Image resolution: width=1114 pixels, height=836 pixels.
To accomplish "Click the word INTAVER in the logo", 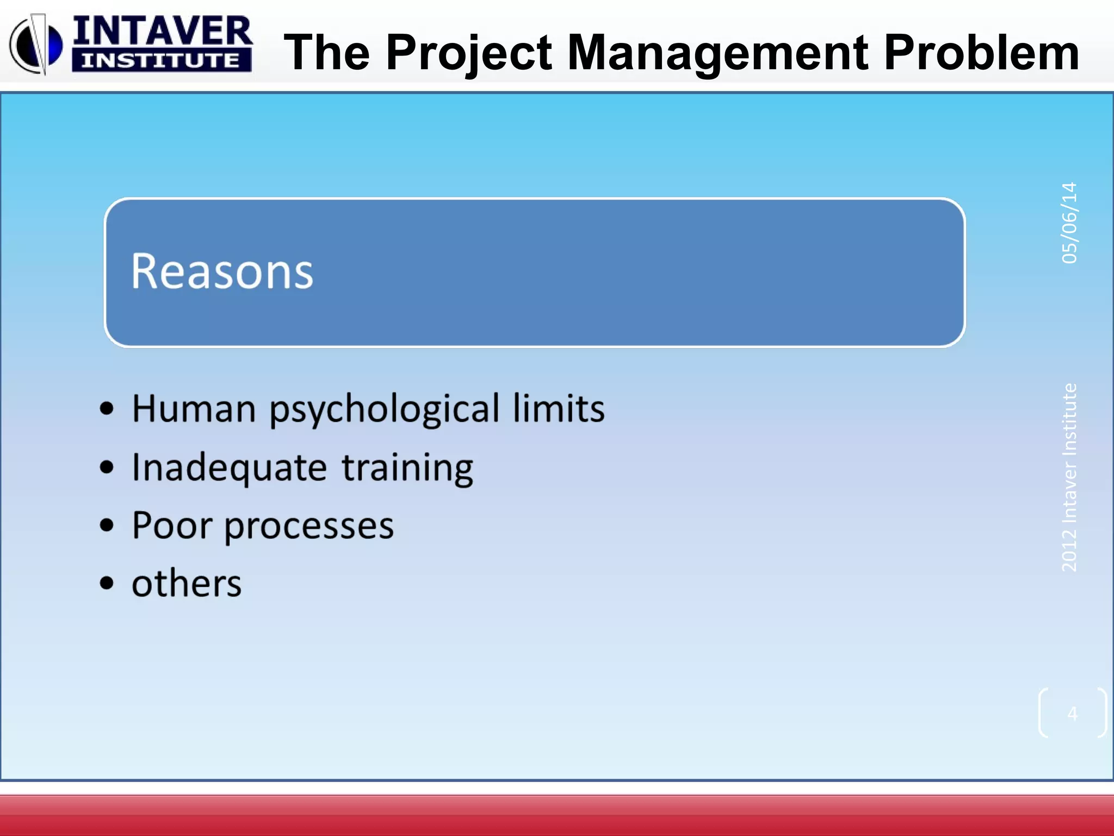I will [x=162, y=32].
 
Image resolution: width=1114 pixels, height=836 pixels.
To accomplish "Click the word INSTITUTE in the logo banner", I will [x=161, y=60].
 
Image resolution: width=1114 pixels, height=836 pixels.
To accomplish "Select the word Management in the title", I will [x=718, y=53].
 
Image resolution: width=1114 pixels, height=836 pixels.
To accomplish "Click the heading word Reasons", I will [x=222, y=272].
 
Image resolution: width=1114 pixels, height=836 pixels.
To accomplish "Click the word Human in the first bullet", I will [x=194, y=409].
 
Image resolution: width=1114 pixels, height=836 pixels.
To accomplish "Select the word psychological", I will [x=384, y=410].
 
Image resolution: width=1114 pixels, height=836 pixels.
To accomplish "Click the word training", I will [x=407, y=468].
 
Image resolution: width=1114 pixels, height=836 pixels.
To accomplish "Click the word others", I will [x=187, y=584].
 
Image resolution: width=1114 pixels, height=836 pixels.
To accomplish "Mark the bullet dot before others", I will [x=107, y=583].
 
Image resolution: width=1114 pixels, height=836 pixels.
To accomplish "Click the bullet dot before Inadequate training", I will [x=107, y=467].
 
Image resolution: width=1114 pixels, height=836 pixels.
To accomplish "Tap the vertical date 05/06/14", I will [x=1069, y=223].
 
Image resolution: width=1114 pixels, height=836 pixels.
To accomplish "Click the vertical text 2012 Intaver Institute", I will [x=1069, y=478].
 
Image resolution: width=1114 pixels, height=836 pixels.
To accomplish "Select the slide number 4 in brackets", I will [x=1072, y=713].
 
